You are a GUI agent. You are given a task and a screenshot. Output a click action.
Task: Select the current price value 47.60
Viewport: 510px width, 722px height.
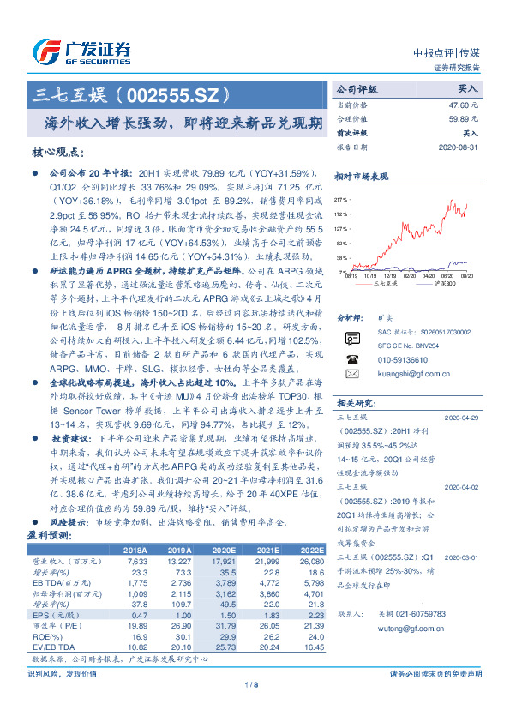click(464, 104)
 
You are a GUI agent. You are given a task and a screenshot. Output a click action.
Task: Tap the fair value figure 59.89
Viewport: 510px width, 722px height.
click(464, 118)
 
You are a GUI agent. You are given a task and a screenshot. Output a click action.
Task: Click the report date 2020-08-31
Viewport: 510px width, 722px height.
click(461, 147)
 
